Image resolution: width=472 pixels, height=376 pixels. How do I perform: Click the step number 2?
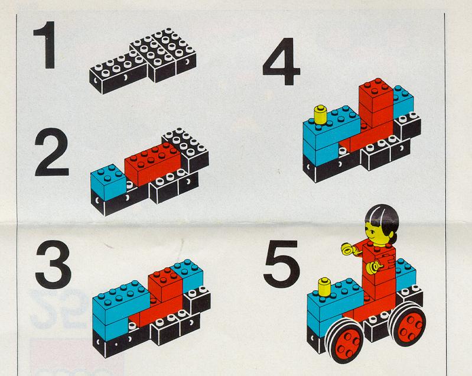click(x=51, y=152)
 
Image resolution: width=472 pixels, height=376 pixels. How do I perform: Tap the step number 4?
click(x=281, y=61)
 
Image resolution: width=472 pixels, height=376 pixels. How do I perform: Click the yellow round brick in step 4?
click(x=321, y=115)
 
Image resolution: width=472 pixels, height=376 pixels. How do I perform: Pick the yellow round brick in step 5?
click(x=324, y=287)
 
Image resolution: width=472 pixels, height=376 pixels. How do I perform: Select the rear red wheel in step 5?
click(x=408, y=323)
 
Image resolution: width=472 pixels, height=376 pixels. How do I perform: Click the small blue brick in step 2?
click(x=108, y=183)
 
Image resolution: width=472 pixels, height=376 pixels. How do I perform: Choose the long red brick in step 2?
click(x=154, y=163)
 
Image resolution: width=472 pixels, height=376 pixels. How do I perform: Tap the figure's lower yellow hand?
click(x=373, y=267)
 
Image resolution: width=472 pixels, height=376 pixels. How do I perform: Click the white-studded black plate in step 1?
click(x=144, y=60)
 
